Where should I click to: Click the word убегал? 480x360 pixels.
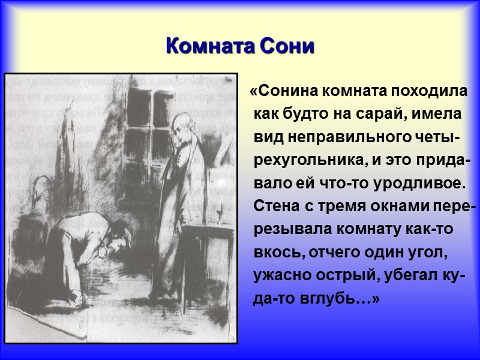pos(413,275)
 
